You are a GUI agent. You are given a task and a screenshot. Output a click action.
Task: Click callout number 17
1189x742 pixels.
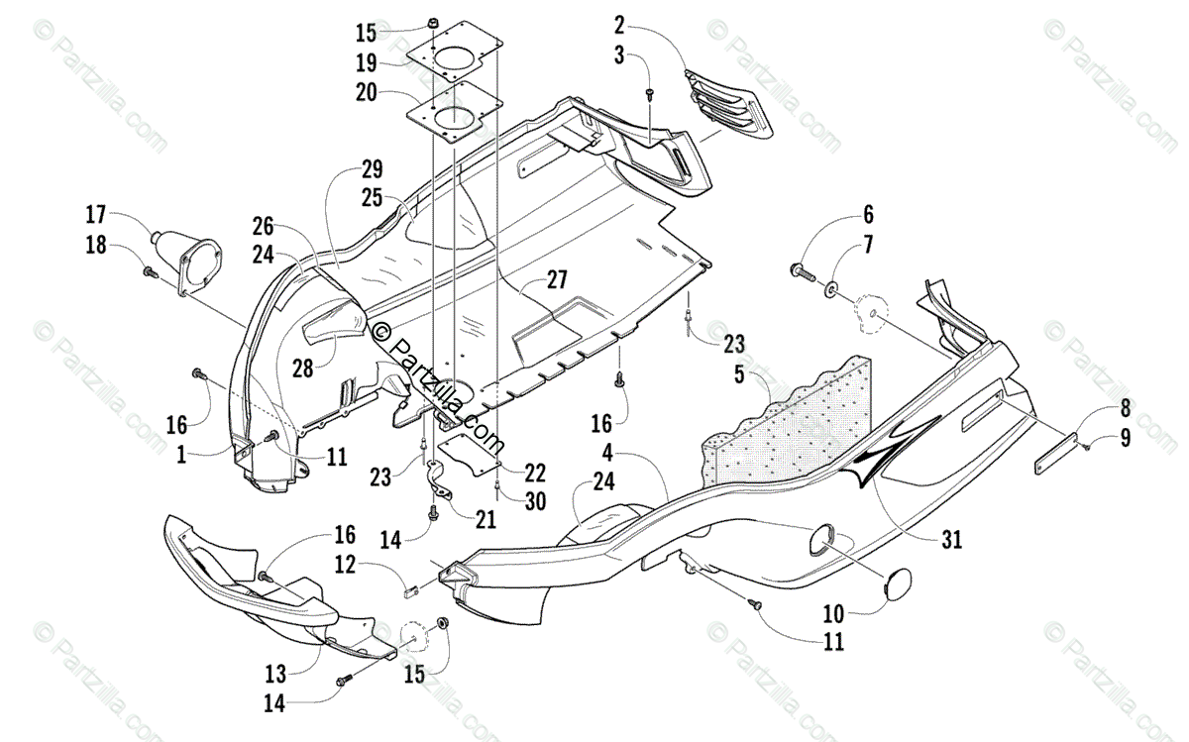coord(96,214)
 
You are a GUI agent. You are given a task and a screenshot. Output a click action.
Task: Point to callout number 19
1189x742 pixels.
coord(366,63)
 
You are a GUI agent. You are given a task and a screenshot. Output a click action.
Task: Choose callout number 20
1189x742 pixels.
coord(366,94)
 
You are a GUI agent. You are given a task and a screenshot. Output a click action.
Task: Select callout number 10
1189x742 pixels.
coord(834,611)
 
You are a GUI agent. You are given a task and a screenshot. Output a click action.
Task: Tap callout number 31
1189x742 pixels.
coord(951,540)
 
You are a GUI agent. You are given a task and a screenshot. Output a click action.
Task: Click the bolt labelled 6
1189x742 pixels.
coord(799,268)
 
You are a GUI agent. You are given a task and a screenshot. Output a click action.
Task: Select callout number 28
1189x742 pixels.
coord(302,368)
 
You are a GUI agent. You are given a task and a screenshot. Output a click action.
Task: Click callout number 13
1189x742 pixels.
coord(275,674)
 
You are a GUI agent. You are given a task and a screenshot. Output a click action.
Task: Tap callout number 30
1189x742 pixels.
coord(535,501)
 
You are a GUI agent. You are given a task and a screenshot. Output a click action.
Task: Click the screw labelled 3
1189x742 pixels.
coord(649,93)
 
